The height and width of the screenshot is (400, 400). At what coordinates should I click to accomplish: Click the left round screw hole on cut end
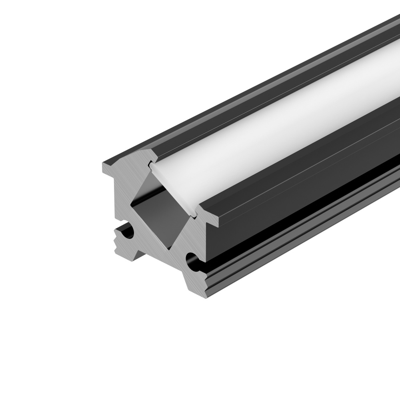[129, 233]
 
